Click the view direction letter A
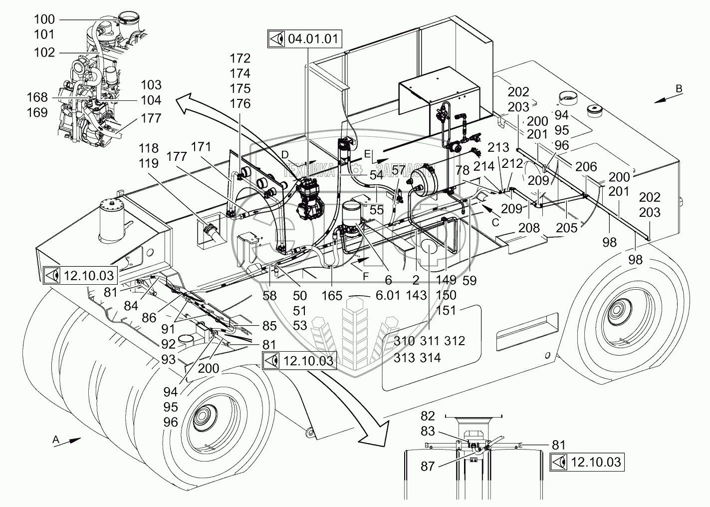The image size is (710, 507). [56, 439]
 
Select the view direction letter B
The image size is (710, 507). [679, 88]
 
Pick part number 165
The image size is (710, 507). [332, 296]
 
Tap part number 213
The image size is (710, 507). [498, 147]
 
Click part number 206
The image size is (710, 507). [587, 166]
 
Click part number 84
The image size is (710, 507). [131, 305]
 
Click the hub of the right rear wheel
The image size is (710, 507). [622, 316]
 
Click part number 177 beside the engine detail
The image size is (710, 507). [151, 118]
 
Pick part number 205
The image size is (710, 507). [567, 228]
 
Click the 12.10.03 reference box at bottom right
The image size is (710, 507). [587, 462]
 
